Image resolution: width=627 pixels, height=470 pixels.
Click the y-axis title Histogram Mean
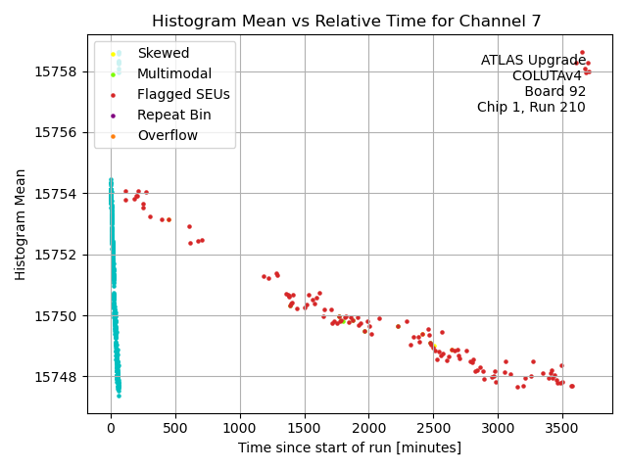pyautogui.click(x=21, y=224)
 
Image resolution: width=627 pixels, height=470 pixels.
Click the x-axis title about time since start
pyautogui.click(x=350, y=447)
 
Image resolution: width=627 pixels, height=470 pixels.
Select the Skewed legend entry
pyautogui.click(x=164, y=53)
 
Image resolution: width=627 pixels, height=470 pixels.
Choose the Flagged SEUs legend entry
pyautogui.click(x=183, y=94)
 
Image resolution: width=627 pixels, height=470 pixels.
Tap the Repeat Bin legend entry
pyautogui.click(x=173, y=115)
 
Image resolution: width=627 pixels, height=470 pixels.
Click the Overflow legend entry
pyautogui.click(x=168, y=135)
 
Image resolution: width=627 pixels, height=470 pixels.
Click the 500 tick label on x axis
pyautogui.click(x=175, y=428)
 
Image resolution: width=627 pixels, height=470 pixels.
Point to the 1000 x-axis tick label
pyautogui.click(x=240, y=428)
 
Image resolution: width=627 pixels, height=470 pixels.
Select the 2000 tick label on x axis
pyautogui.click(x=369, y=428)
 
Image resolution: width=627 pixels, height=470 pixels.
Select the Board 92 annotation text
pyautogui.click(x=555, y=92)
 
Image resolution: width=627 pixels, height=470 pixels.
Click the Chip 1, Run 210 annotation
pyautogui.click(x=531, y=108)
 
